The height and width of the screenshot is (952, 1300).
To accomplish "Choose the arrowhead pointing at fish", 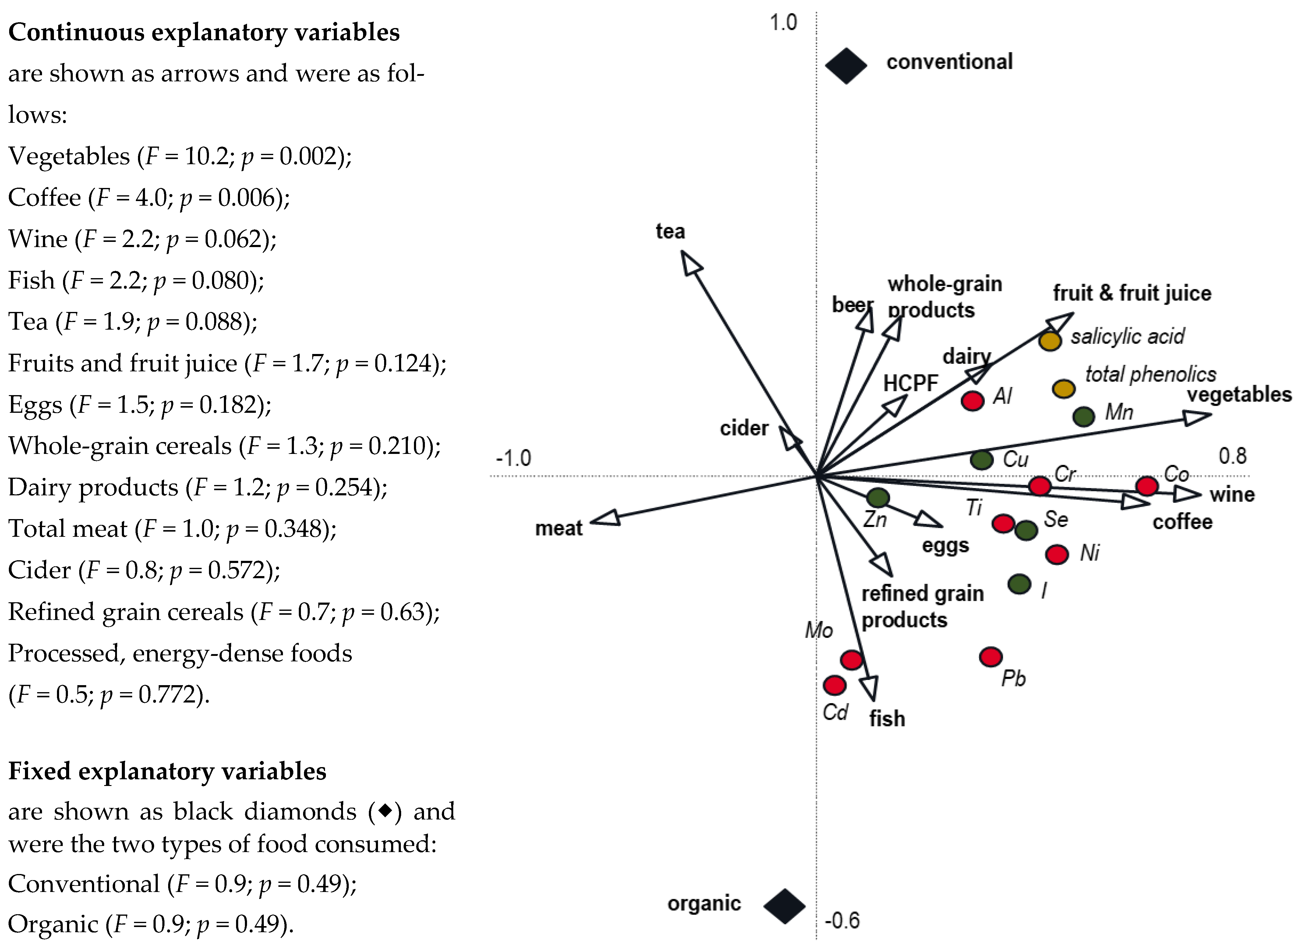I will [869, 688].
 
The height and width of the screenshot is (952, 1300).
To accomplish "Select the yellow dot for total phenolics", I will [1063, 388].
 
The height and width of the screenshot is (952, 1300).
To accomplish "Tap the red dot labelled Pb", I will [991, 656].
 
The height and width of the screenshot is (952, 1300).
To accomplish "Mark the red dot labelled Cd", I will [834, 685].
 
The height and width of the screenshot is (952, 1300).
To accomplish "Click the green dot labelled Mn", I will [1083, 416].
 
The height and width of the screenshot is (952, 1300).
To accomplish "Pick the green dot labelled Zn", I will [878, 497].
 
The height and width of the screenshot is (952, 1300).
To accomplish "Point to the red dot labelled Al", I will [973, 401].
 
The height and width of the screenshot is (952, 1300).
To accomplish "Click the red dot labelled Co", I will [1147, 486].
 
